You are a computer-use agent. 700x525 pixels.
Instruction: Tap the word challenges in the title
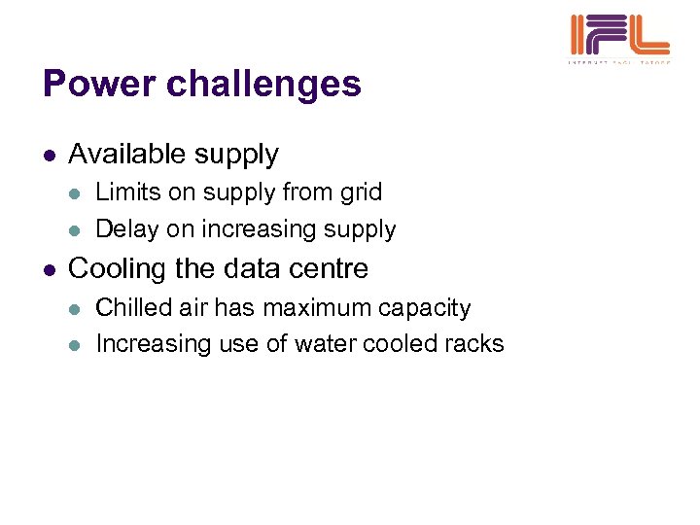263,86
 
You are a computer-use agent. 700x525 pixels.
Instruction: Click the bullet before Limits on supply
77,193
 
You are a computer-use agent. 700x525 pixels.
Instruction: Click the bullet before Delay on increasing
77,230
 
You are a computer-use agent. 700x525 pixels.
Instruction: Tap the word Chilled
134,307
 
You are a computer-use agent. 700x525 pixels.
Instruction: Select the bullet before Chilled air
77,308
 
